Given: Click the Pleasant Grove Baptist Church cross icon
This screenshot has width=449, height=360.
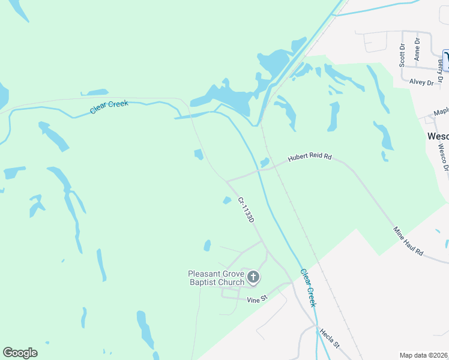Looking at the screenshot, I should coord(253,277).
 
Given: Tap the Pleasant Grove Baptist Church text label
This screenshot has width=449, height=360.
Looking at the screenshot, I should coord(217,278).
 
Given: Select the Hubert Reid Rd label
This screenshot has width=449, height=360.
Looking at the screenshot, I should coord(310,157).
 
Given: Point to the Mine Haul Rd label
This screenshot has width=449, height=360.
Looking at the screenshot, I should coord(409,241).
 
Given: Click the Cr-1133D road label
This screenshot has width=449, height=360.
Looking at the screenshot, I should coord(246,210).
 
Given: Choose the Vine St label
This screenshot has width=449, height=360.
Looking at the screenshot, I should coord(256,299).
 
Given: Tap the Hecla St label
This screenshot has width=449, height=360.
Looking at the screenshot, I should coord(330,338).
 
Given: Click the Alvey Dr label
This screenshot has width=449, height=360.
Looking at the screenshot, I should coord(421,82).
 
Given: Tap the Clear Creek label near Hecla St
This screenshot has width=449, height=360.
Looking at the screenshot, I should coord(308,287).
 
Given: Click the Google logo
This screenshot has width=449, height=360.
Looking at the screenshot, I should coord(20,353).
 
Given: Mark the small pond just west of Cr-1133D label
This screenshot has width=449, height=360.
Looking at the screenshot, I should coord(227,200).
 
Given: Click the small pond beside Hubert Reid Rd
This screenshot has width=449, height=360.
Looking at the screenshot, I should coord(264,163).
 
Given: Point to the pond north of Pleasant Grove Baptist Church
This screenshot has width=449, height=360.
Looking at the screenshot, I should coord(207,245).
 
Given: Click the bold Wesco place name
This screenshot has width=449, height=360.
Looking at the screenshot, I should coord(438,136).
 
